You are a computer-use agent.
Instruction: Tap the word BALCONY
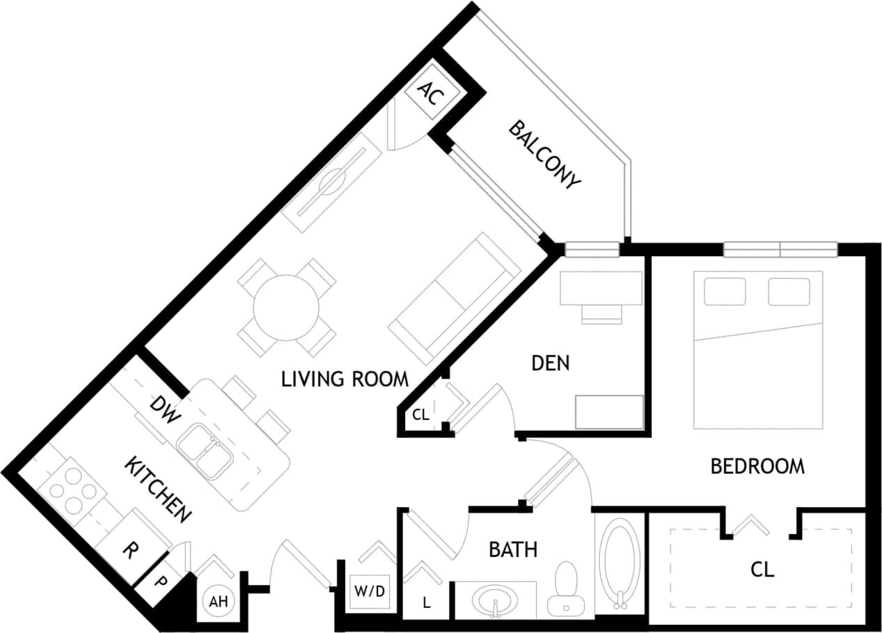coord(544,155)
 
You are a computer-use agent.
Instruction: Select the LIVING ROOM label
coord(345,380)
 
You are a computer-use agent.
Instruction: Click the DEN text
coord(550,363)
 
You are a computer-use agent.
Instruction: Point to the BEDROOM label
coord(757,466)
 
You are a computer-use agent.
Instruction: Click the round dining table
coord(286,307)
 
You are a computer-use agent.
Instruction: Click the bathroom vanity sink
coord(495,600)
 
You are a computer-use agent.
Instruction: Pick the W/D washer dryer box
coord(370,592)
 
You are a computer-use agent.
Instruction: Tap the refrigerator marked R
coord(128,551)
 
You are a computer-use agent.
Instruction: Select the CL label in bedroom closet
coord(762,570)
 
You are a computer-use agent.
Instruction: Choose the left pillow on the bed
coord(724,291)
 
